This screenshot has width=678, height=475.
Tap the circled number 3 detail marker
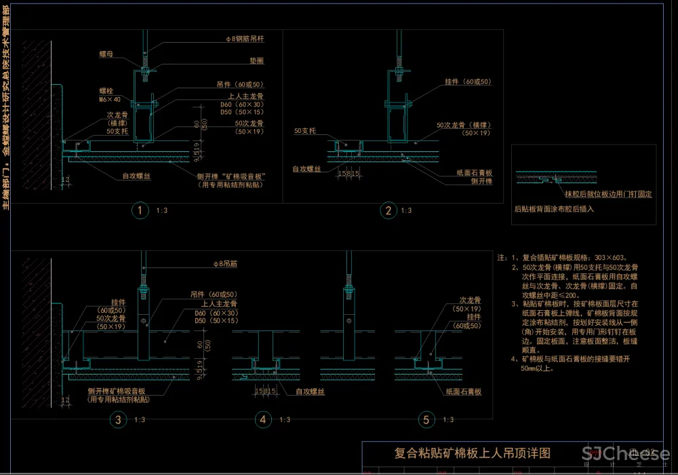point(118,420)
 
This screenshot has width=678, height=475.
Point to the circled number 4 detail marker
point(263,420)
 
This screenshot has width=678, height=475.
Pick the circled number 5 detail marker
point(426,420)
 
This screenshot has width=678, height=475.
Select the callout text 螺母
point(106,54)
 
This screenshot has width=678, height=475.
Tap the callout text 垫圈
point(237,61)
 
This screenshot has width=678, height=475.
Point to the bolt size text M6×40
point(110,99)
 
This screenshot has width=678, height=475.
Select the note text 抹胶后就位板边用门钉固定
point(608,194)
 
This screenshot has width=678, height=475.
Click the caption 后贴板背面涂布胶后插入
point(554,209)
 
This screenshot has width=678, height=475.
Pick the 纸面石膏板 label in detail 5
point(463,392)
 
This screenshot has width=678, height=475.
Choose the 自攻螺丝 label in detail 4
point(312,392)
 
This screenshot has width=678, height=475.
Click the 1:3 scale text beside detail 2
point(406,211)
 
